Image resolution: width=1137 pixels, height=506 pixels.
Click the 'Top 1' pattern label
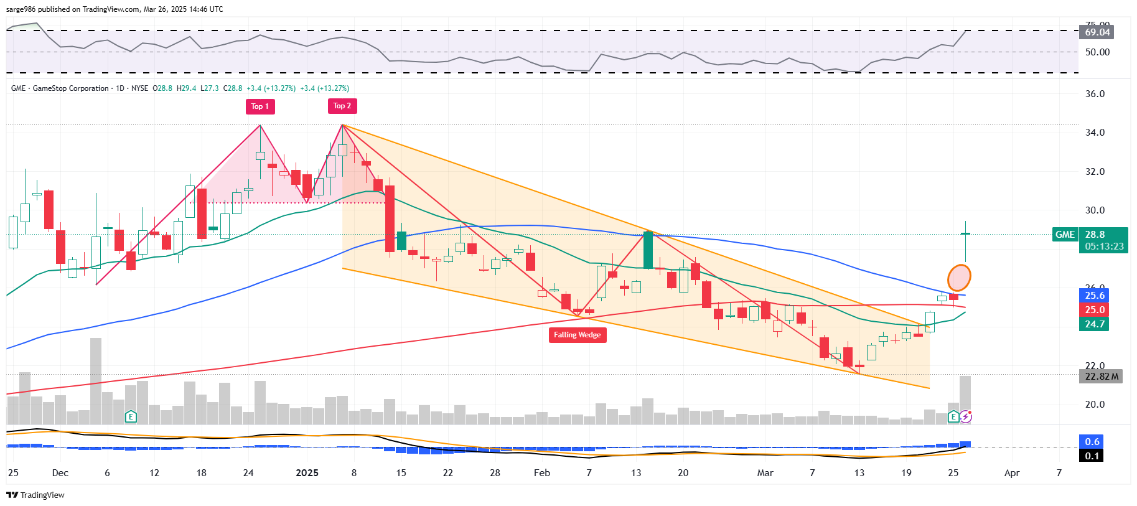tap(260, 106)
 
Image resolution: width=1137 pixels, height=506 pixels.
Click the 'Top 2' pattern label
tap(342, 106)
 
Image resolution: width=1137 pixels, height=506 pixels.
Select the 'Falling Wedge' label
tap(577, 335)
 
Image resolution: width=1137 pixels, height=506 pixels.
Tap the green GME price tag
tap(1065, 235)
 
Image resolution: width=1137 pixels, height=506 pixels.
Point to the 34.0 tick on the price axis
tap(1095, 133)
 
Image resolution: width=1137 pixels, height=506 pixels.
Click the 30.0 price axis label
tap(1095, 210)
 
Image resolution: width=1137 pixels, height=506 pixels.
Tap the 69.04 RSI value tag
tap(1097, 32)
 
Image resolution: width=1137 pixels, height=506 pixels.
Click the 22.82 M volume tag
tap(1101, 377)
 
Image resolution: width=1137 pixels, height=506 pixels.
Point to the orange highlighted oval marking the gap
tap(959, 278)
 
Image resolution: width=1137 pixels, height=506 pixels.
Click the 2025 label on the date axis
tap(307, 473)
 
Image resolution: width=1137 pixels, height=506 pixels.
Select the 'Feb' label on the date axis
tap(541, 473)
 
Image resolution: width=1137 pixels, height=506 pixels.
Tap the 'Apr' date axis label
tap(1012, 473)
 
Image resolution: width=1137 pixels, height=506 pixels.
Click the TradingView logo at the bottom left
tap(35, 495)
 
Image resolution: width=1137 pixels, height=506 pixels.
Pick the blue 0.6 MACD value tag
tap(1092, 441)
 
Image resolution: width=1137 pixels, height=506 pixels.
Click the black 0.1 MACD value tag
tap(1092, 456)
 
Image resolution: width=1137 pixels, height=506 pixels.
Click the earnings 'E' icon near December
tap(131, 416)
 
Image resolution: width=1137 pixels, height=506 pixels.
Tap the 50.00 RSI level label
tap(1097, 52)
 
